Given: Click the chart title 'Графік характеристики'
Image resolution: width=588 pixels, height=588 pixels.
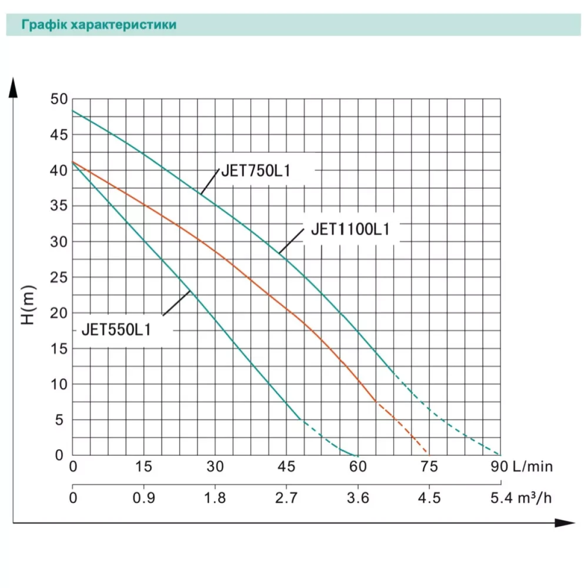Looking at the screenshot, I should tap(98, 25).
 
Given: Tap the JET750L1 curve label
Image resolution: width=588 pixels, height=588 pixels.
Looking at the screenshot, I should tap(256, 171).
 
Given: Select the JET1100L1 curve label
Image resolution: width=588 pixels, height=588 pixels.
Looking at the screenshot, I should tap(350, 229).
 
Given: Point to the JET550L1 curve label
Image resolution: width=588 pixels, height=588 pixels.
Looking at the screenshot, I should tap(116, 330).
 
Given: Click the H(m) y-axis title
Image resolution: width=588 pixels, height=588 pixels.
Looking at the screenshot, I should tap(29, 305).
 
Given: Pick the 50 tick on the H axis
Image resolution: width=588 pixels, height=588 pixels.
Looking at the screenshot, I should tap(59, 99).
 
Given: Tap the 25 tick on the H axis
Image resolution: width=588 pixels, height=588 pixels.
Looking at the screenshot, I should tap(59, 277).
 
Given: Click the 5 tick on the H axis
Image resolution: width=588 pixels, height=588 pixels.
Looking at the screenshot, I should tap(60, 420).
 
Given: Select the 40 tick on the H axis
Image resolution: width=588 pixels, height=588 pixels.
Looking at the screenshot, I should tap(59, 171).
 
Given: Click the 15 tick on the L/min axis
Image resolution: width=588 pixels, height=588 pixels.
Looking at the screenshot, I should tap(144, 466).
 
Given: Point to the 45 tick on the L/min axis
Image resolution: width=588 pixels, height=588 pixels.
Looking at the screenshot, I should tap(286, 466).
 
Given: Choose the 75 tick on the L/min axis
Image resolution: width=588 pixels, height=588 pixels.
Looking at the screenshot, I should tap(429, 466).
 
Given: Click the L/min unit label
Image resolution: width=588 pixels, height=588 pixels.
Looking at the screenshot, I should tap(532, 466).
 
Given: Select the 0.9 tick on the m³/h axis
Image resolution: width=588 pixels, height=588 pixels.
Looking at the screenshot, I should tap(144, 498).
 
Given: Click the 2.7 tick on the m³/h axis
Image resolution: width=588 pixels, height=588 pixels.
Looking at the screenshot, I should tap(286, 498).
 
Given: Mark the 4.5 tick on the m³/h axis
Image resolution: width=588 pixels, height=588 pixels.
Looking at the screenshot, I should tap(429, 498).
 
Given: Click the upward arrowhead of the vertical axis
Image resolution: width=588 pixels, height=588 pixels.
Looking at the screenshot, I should tap(13, 88).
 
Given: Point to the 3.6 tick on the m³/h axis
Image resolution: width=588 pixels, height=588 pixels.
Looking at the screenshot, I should tap(358, 498).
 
